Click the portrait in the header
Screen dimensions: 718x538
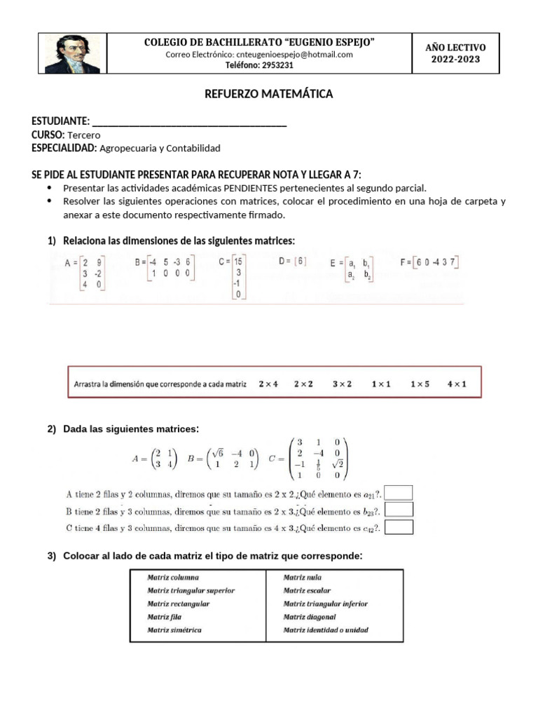[72, 53]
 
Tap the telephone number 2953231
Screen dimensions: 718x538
[259, 65]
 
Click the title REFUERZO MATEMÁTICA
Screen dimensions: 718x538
[258, 94]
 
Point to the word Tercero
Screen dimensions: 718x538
[84, 135]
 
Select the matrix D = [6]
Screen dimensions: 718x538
[292, 261]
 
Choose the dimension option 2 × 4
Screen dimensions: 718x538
[268, 384]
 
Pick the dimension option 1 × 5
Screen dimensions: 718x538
[420, 384]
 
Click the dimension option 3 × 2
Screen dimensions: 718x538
[343, 384]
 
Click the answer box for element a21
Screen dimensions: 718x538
[399, 493]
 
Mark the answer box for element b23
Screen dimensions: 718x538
[399, 510]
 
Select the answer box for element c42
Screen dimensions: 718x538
[399, 527]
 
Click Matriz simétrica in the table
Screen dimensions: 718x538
[174, 630]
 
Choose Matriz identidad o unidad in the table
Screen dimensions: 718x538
[326, 630]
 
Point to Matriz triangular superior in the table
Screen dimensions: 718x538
[191, 590]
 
